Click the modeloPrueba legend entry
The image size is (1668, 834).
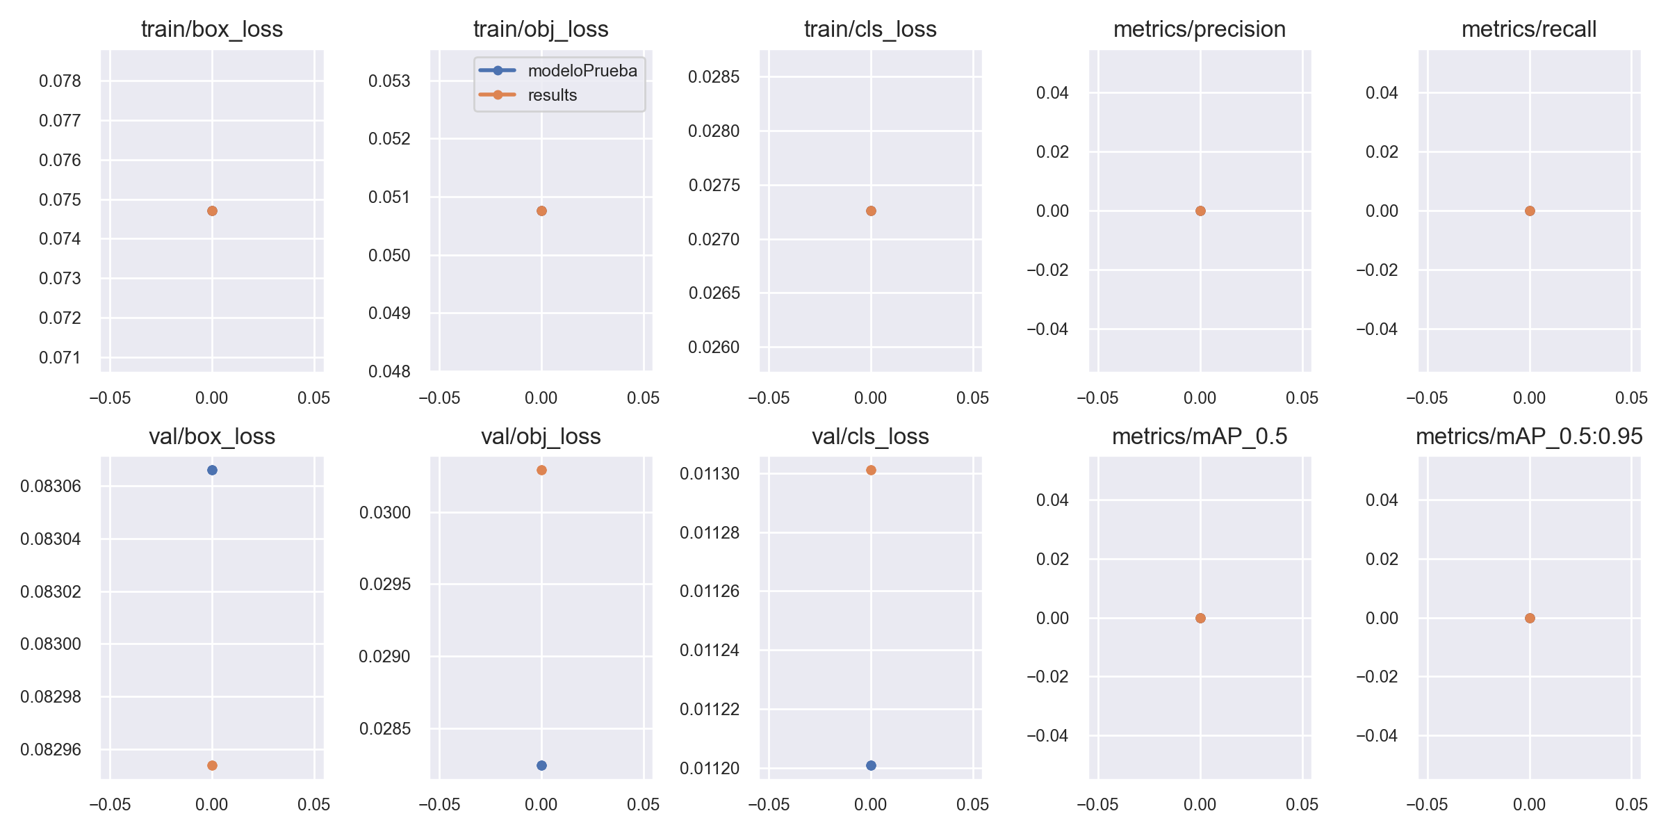coord(582,71)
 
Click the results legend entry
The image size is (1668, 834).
coord(552,95)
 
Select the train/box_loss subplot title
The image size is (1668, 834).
coord(212,29)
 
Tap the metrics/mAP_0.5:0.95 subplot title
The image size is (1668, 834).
coord(1529,436)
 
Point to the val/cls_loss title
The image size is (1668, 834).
coord(870,436)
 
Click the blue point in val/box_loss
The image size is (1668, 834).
coord(212,471)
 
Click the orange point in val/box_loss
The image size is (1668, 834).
coord(212,766)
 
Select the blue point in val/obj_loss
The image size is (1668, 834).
coord(541,766)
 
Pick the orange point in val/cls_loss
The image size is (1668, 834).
coord(871,471)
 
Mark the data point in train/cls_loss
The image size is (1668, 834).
coord(871,211)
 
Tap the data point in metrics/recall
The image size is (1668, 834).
coord(1530,211)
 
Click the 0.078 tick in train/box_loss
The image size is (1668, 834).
coord(60,81)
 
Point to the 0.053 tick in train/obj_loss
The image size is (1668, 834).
coord(389,81)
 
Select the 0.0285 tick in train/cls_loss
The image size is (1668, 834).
coord(714,76)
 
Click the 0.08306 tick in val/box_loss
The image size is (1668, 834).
coord(51,486)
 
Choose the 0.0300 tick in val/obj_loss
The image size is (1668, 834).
coord(385,513)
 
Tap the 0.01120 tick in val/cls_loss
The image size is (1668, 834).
coord(710,769)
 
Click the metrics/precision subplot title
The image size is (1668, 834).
coord(1200,29)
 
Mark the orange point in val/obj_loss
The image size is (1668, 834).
coord(541,471)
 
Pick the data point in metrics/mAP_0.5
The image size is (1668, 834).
coord(1200,618)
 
